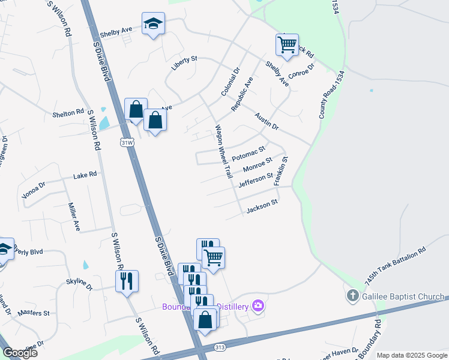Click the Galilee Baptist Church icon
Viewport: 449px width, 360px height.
tap(353, 296)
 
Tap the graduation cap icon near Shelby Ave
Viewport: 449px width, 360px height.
tap(153, 25)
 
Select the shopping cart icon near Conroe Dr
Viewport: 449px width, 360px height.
tap(287, 45)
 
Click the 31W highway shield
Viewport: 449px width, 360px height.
tap(126, 143)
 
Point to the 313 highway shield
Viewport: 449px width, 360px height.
tap(218, 348)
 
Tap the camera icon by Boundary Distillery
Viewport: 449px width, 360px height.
tap(258, 306)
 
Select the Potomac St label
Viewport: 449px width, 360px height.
tap(249, 152)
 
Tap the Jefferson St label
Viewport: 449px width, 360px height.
tap(256, 180)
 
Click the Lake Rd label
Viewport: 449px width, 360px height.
tap(85, 176)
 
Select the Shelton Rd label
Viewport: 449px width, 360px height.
tap(68, 113)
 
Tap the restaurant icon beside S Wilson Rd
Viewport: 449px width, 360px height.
tap(127, 281)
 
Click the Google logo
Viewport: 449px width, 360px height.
tap(20, 353)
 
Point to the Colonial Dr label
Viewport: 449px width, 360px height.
tap(230, 82)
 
